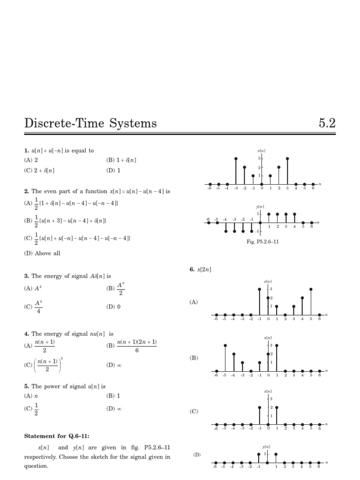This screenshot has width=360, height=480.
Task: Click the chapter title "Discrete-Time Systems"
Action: coord(90,124)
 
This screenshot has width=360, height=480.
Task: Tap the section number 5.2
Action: coord(327,124)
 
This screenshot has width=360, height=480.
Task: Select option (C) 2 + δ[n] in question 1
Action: coord(39,171)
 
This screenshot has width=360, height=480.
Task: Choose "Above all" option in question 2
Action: coord(42,253)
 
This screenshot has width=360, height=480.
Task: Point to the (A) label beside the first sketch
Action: coord(194,303)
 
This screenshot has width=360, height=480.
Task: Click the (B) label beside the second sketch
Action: coord(194,358)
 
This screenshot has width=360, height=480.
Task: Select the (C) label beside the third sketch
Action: coord(194,412)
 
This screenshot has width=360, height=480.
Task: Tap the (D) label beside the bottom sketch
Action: coord(197,455)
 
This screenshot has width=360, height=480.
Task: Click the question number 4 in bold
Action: coord(27,334)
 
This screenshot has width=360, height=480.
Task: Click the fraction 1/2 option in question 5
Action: coord(36,409)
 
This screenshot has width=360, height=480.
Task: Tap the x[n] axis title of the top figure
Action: coord(262,150)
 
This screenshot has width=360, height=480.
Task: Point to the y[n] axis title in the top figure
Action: coord(260,206)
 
